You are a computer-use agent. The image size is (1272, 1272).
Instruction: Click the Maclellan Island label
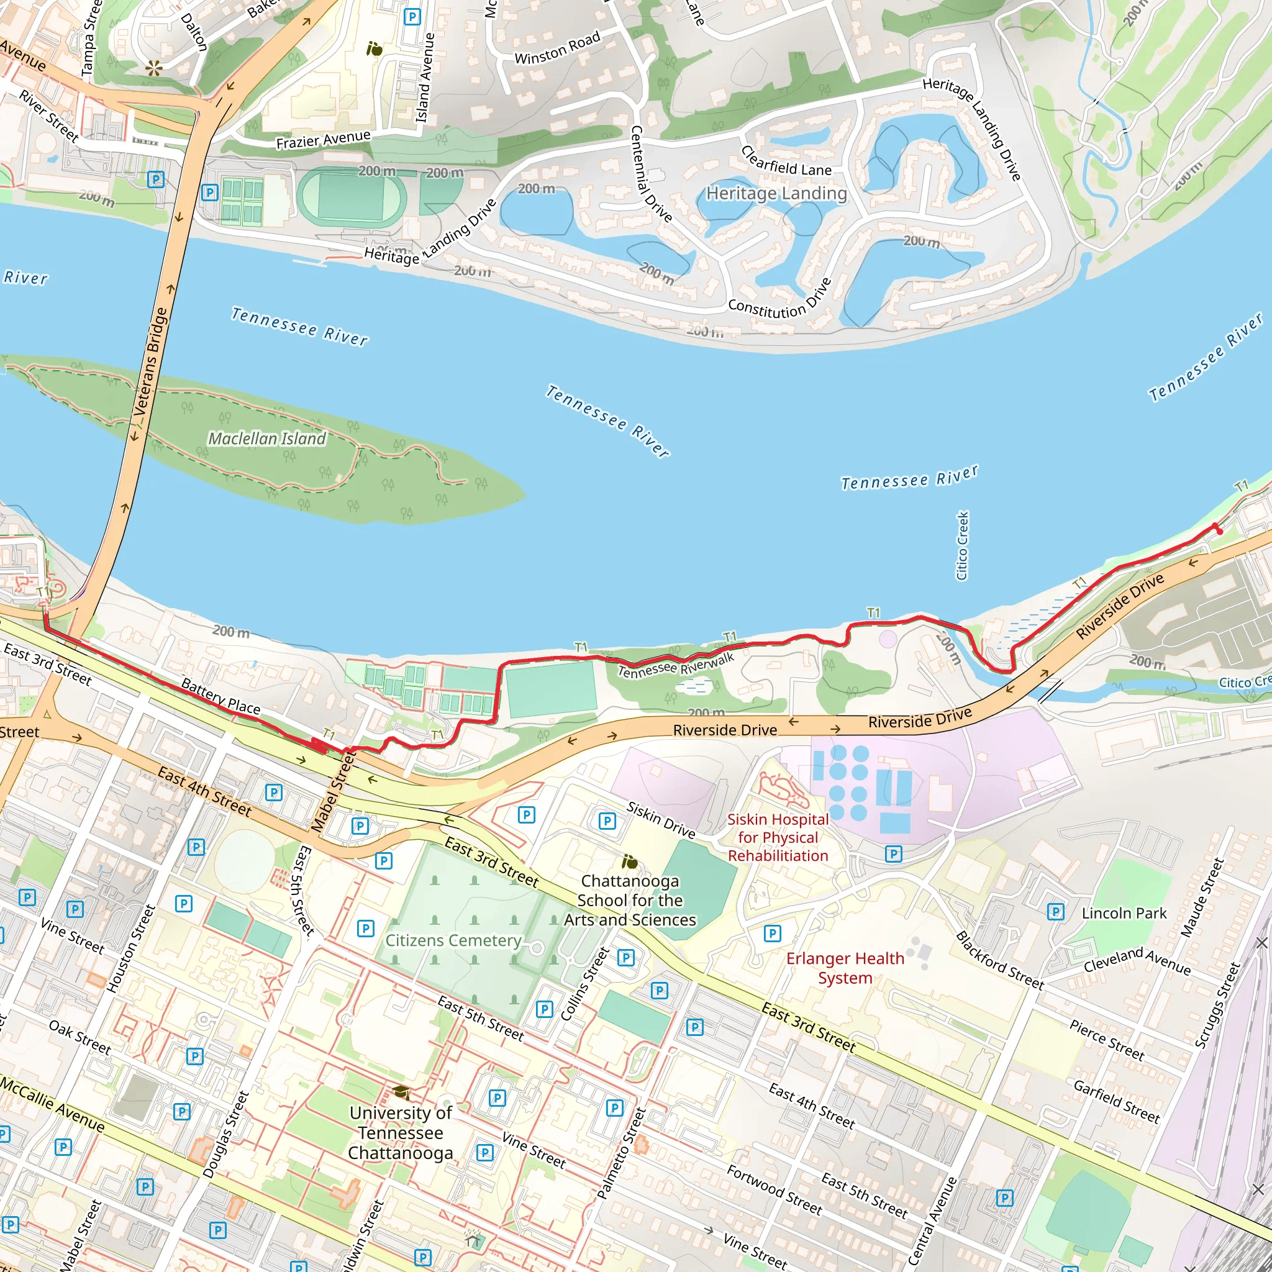(266, 438)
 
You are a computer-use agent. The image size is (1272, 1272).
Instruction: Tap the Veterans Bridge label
(150, 362)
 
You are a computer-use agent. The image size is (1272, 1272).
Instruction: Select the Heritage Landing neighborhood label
(776, 194)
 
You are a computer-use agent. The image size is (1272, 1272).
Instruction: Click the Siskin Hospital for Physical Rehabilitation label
(778, 837)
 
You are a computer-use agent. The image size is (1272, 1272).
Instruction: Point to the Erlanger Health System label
(845, 968)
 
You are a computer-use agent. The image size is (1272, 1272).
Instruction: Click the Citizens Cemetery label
(453, 941)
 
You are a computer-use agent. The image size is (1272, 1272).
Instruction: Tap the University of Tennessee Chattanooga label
(401, 1133)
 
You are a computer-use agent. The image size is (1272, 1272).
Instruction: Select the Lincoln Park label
(1124, 913)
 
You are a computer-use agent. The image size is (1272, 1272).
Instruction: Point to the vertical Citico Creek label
(962, 546)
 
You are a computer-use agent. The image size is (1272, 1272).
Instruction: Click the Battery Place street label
(220, 697)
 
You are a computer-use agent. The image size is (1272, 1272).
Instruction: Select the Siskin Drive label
(660, 820)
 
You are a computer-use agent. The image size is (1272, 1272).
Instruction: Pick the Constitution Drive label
(779, 299)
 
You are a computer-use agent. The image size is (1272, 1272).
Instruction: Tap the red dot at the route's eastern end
(1219, 530)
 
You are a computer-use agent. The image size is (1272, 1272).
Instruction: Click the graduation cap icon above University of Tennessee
(401, 1094)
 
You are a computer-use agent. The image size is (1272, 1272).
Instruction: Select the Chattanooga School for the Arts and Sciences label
(629, 900)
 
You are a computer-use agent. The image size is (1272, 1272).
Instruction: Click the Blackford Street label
(999, 960)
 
